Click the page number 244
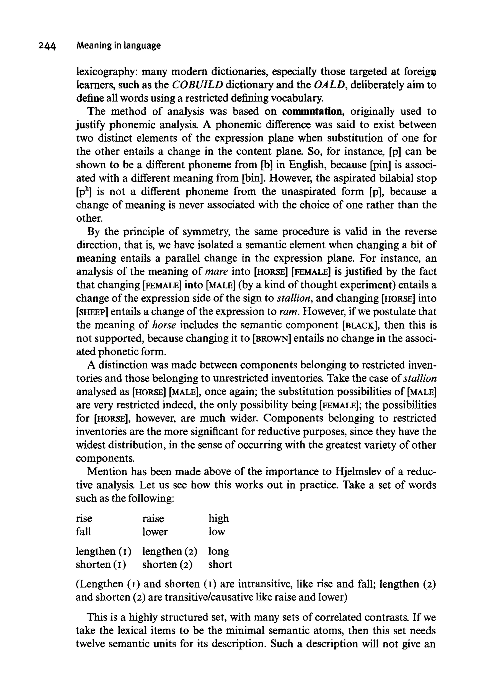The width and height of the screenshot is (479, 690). pyautogui.click(x=47, y=46)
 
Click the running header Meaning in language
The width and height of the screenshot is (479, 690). pyautogui.click(x=119, y=46)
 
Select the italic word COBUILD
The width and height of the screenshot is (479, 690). pyautogui.click(x=197, y=85)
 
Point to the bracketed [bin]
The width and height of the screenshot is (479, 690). pyautogui.click(x=254, y=178)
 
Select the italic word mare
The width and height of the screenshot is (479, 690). pyautogui.click(x=217, y=272)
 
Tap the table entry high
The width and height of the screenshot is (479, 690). pyautogui.click(x=219, y=519)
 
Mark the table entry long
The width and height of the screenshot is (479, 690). pyautogui.click(x=219, y=551)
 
